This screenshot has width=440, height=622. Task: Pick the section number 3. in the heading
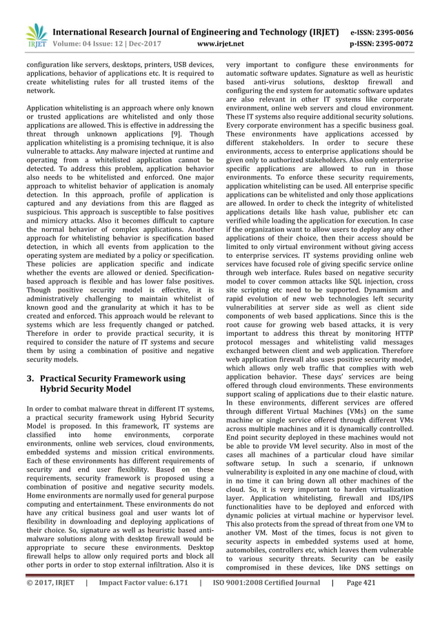tap(30, 379)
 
